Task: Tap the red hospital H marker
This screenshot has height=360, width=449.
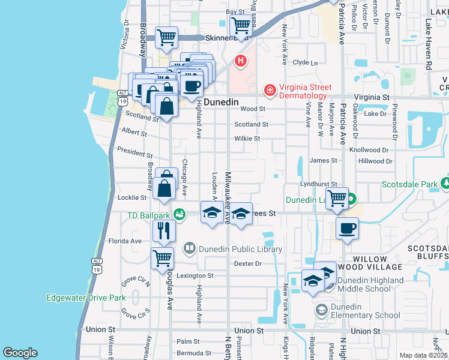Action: pos(241,61)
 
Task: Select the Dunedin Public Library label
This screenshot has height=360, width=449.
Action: pos(241,249)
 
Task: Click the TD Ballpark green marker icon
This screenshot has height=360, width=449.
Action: pos(179,214)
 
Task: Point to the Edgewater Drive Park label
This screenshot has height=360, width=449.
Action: pos(86,298)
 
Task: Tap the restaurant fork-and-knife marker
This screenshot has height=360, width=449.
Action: pos(163,229)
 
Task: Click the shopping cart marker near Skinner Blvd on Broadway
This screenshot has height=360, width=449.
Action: pos(167,37)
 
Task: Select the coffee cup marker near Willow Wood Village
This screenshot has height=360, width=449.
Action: pos(348,229)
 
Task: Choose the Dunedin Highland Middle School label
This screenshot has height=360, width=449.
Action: pos(370,284)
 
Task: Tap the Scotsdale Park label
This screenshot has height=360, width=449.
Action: pos(409,184)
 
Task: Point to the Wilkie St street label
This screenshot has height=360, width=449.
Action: pos(247,139)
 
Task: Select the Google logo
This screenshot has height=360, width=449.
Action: pos(20,353)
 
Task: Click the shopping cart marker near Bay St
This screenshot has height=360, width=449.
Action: pos(241,26)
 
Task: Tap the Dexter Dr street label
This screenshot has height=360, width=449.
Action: pos(249,263)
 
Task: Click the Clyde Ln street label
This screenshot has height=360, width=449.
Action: pos(305,62)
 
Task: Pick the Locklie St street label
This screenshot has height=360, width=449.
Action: pos(131,197)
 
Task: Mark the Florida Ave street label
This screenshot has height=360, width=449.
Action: pos(125,241)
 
